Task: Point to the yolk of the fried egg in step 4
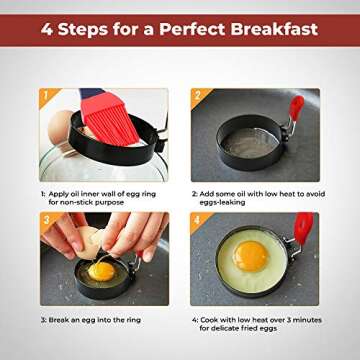[x=250, y=256]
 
